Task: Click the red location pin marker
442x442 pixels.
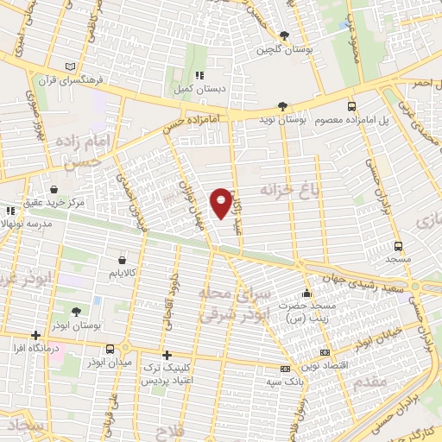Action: click(221, 202)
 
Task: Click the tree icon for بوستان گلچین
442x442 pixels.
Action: click(284, 35)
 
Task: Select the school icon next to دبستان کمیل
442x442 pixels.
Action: click(199, 75)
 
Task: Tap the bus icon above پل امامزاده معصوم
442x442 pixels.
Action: click(350, 105)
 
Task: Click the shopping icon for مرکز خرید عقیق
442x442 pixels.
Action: click(54, 189)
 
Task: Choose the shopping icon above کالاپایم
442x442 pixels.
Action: click(121, 259)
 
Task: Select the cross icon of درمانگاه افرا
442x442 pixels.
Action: click(35, 335)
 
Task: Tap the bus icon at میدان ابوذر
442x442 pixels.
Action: click(110, 350)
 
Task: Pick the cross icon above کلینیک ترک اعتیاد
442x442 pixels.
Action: click(167, 355)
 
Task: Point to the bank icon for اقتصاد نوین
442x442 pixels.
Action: click(324, 352)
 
